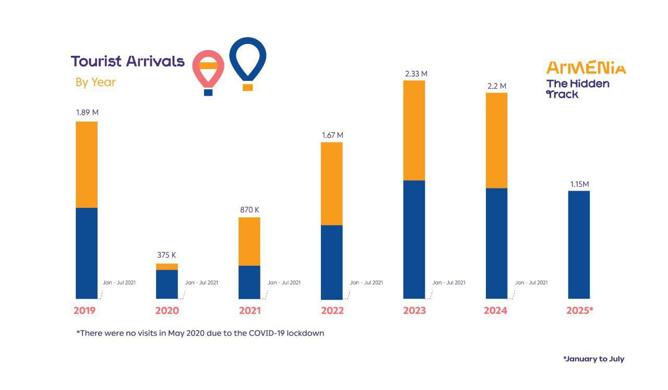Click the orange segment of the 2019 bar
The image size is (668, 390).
(87, 164)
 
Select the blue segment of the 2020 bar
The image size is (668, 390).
(167, 284)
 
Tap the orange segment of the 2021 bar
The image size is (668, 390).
(249, 241)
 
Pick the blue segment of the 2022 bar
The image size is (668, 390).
(331, 262)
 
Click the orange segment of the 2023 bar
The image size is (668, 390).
(414, 130)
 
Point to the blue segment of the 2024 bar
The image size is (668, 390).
(496, 243)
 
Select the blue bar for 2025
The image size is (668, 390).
(579, 244)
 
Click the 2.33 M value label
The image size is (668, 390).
(416, 74)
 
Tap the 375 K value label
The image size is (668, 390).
(167, 255)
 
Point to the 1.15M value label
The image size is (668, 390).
(579, 184)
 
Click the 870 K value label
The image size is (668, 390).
(249, 210)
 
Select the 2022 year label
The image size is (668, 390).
(332, 311)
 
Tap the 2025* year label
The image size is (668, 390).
(580, 311)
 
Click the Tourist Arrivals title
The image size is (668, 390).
(128, 61)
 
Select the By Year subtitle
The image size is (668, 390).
(96, 82)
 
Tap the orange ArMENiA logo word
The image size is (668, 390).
(586, 68)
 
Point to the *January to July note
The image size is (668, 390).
(593, 359)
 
